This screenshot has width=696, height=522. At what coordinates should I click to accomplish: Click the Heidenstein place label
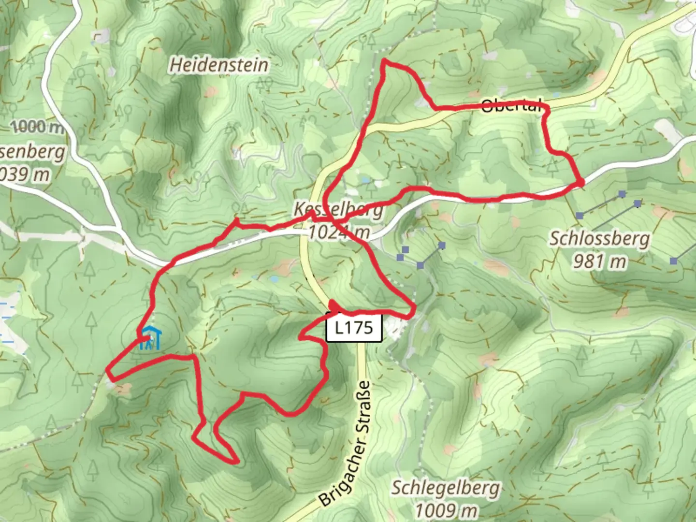click(218, 65)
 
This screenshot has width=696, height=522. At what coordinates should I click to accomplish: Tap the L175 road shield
click(354, 328)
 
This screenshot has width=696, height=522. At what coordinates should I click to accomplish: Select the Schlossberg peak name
click(600, 238)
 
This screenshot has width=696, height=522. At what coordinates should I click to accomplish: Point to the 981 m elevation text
click(599, 261)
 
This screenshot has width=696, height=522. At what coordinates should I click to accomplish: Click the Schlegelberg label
click(445, 488)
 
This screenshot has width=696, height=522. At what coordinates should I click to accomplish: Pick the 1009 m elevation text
click(446, 509)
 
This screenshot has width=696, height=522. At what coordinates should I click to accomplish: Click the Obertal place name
click(511, 106)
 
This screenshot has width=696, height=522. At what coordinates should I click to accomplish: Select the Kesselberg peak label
click(338, 209)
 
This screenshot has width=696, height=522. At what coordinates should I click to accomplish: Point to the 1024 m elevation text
click(338, 232)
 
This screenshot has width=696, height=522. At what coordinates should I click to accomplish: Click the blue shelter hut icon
click(151, 338)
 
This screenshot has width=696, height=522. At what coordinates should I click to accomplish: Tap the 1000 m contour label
click(38, 127)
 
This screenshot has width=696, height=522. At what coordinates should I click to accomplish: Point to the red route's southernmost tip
click(236, 462)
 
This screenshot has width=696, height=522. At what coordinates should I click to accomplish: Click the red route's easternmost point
click(582, 182)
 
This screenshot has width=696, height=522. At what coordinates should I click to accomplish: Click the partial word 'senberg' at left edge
click(32, 152)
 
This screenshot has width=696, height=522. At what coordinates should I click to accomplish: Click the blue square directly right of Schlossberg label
click(674, 261)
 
